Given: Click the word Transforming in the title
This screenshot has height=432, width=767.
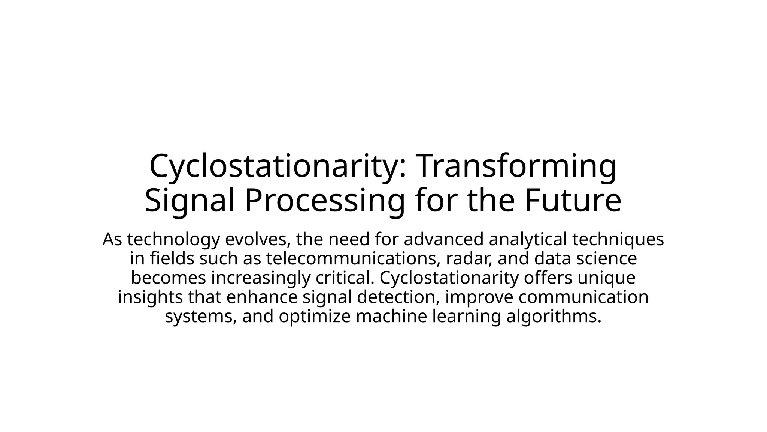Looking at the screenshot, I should [516, 166].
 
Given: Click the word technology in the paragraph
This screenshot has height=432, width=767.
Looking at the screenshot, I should [173, 239].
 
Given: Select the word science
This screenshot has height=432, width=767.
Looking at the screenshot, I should [607, 259].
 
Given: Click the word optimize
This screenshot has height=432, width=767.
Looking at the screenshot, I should [315, 316].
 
